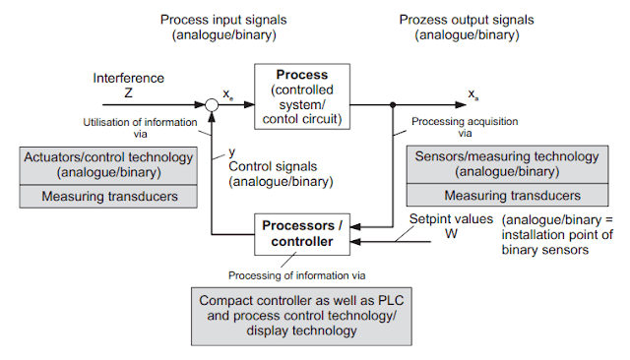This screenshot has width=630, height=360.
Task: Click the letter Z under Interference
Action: [x=128, y=92]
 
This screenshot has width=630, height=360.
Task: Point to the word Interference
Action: [x=128, y=78]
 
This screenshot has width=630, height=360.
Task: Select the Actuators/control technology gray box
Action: [x=108, y=163]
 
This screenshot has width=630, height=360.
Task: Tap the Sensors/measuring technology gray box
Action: [x=508, y=163]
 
